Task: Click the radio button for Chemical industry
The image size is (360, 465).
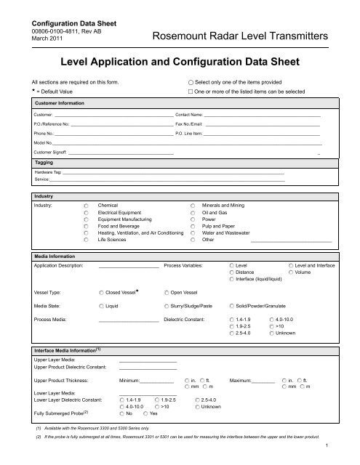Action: [x=87, y=207]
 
